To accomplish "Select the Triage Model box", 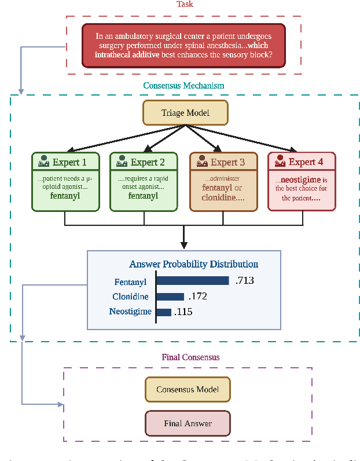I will pyautogui.click(x=185, y=113).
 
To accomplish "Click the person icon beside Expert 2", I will pyautogui.click(x=121, y=162).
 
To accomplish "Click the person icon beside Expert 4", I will pyautogui.click(x=280, y=162).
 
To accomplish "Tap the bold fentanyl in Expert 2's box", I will pyautogui.click(x=143, y=196).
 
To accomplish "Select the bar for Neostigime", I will pyautogui.click(x=164, y=312).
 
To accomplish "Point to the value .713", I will pyautogui.click(x=245, y=281).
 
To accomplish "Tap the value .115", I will pyautogui.click(x=183, y=312).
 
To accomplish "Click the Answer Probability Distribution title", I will pyautogui.click(x=193, y=264).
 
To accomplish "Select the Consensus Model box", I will pyautogui.click(x=188, y=390).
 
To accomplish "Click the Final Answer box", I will pyautogui.click(x=188, y=423).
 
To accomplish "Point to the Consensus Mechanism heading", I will pyautogui.click(x=183, y=86).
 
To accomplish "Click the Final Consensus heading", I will pyautogui.click(x=190, y=357).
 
